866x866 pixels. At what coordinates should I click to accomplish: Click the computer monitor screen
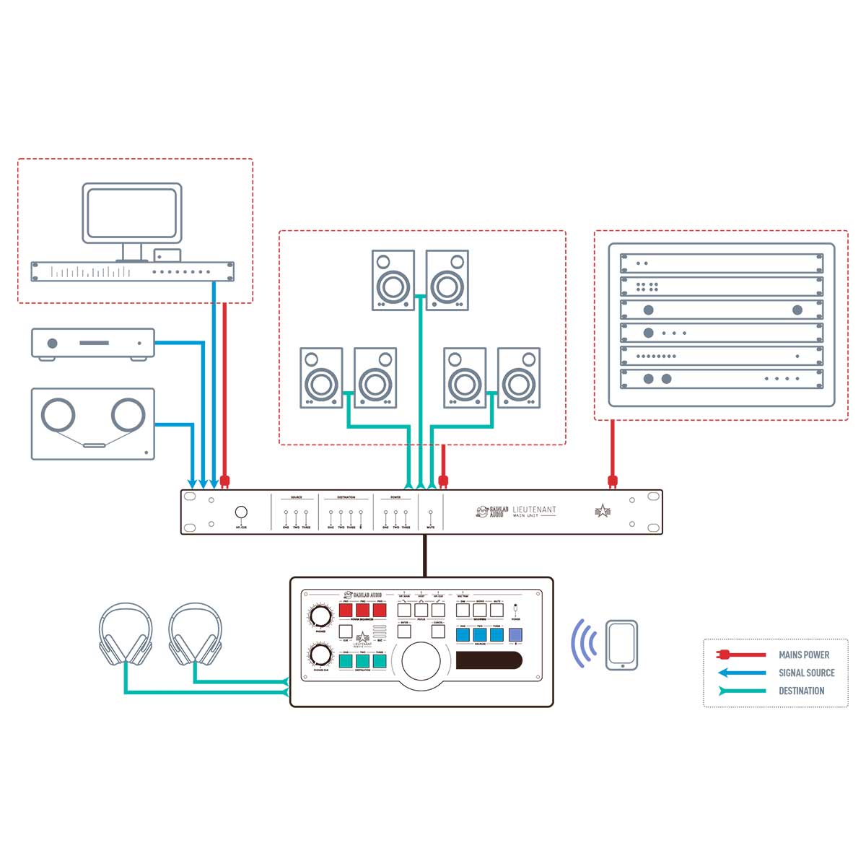[131, 213]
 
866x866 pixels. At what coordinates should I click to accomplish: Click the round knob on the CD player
[52, 344]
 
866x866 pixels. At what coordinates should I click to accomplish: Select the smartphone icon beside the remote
[621, 644]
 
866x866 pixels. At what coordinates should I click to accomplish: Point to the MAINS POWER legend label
[804, 655]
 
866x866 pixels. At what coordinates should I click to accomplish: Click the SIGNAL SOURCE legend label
[806, 673]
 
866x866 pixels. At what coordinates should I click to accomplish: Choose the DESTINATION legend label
[801, 691]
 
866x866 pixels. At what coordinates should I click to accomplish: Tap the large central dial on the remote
[421, 660]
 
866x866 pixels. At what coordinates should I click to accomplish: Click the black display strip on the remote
[489, 660]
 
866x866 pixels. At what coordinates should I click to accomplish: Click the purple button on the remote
[515, 635]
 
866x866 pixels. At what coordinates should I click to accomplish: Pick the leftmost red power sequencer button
[346, 611]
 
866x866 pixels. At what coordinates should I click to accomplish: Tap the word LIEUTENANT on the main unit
[534, 509]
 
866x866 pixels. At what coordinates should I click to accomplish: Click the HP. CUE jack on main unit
[241, 512]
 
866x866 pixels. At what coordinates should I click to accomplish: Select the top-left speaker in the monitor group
[393, 280]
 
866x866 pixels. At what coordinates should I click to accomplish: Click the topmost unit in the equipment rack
[722, 263]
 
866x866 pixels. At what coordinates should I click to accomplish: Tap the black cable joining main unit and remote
[426, 556]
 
